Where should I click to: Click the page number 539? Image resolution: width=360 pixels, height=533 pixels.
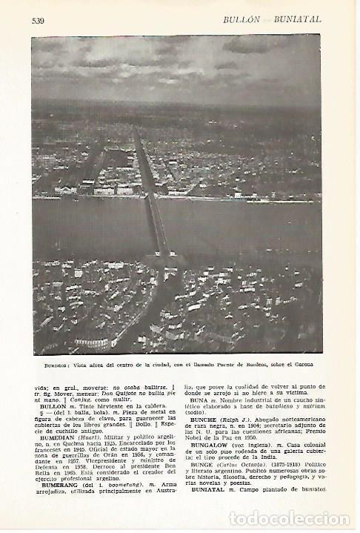tap(39, 20)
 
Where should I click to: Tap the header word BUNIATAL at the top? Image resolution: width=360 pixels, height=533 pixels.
tap(297, 20)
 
